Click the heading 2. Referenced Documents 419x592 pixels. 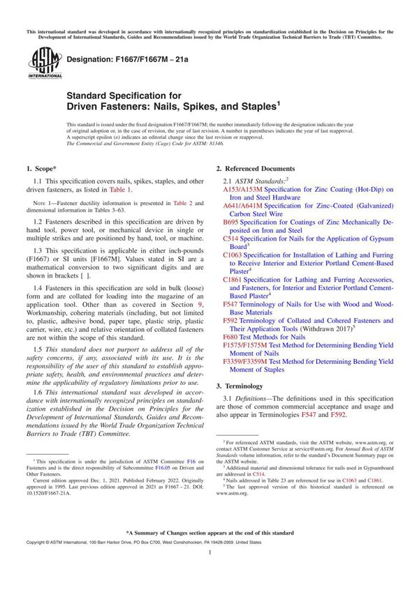pos(255,169)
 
